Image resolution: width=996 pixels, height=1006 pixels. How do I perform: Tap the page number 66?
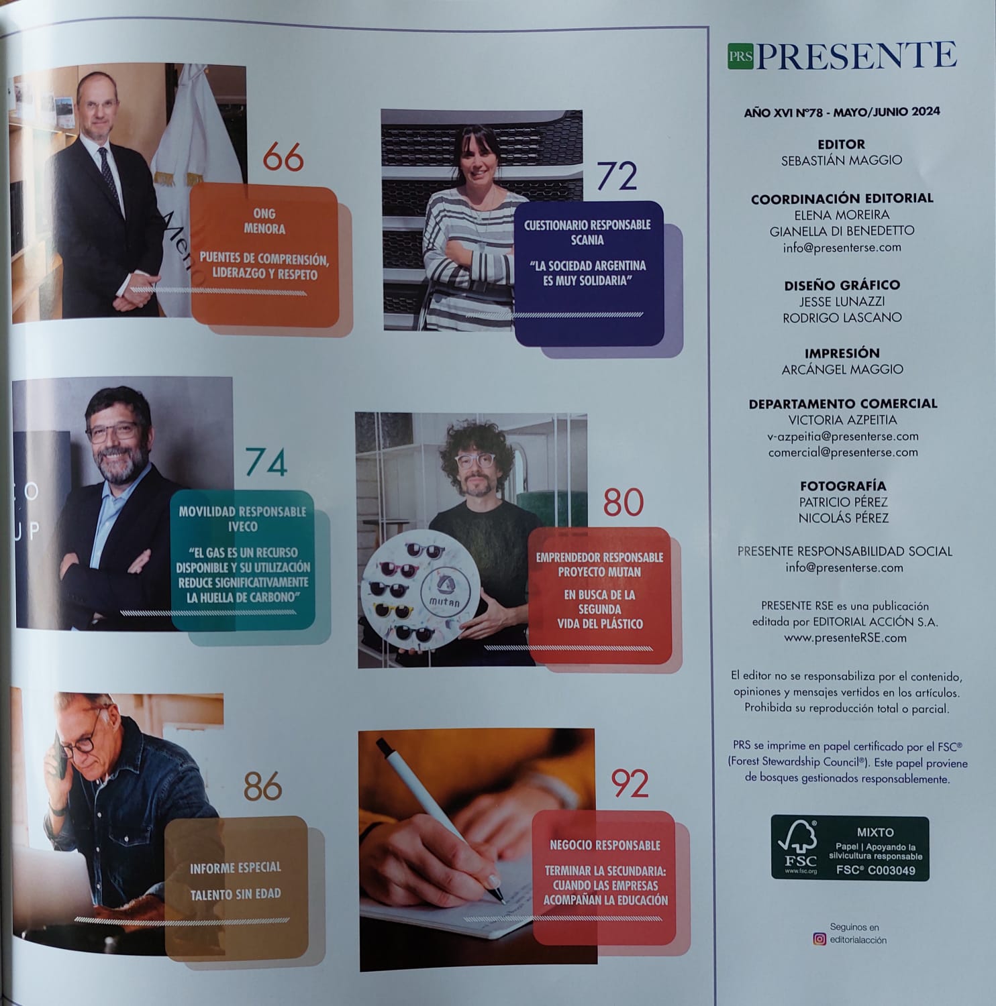(283, 158)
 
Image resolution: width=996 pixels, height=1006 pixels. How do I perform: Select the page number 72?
(616, 177)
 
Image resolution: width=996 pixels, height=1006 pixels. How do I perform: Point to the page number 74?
(266, 462)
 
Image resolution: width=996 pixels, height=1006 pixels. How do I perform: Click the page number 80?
(624, 502)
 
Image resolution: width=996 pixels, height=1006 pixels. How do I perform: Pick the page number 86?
(262, 786)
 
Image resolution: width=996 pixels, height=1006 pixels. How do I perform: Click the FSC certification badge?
(850, 848)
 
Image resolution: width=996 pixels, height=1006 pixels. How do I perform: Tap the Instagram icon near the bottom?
(819, 939)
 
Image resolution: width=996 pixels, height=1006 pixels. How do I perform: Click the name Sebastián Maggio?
(842, 161)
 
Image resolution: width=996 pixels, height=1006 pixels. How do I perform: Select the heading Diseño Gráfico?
(842, 285)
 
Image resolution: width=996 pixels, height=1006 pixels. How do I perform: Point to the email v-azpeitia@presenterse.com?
(842, 436)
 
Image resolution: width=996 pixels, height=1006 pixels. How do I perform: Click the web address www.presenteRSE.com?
(845, 638)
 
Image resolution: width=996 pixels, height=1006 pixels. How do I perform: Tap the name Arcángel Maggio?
(842, 370)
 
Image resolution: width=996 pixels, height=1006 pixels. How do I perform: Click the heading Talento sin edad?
(235, 894)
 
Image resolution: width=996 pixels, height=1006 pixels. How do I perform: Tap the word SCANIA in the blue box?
(587, 240)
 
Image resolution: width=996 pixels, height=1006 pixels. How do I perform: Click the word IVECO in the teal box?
(242, 526)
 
